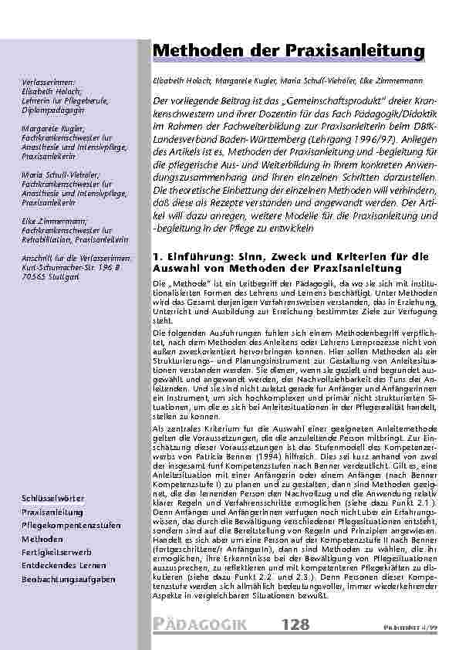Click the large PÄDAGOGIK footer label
click(198, 624)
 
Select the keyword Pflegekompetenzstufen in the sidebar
click(71, 525)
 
